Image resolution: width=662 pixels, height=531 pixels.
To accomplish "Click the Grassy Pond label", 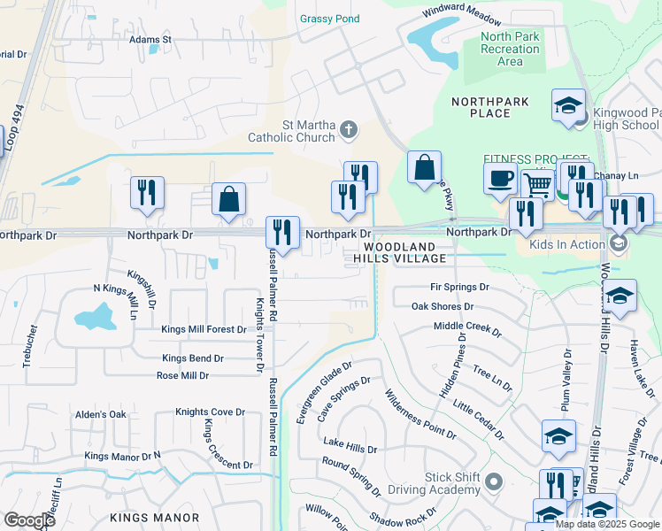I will click(x=330, y=19).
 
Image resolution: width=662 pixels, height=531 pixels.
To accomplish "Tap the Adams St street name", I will click(x=150, y=40).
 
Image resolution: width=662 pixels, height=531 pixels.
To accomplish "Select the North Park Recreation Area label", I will click(x=509, y=49).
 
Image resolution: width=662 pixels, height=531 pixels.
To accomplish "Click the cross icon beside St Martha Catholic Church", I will click(x=349, y=131).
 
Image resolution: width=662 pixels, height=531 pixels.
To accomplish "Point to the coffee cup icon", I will click(x=500, y=177).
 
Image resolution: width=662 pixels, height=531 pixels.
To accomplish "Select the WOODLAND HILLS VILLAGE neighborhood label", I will click(x=395, y=252).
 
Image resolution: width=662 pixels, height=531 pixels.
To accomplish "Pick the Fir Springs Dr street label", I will click(x=459, y=288).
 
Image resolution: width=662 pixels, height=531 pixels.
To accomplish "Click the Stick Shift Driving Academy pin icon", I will click(x=493, y=482).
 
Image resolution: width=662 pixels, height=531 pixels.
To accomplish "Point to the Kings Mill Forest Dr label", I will click(x=204, y=329).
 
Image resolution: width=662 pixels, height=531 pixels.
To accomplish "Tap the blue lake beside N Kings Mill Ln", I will click(x=96, y=317).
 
